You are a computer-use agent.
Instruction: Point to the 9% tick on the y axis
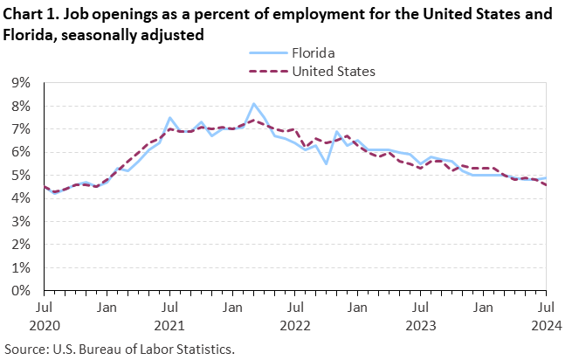click(22, 83)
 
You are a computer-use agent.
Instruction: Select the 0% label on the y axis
click(22, 291)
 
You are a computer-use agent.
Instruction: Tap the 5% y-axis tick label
click(22, 176)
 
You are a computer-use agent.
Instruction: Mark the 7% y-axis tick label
click(22, 129)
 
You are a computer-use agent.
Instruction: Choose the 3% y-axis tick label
click(22, 222)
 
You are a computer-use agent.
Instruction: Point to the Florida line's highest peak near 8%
click(253, 104)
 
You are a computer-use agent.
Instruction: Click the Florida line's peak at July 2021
click(169, 118)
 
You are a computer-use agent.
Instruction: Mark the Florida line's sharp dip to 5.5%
click(326, 163)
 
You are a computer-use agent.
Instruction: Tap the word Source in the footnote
click(24, 349)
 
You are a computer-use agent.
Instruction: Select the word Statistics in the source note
click(206, 349)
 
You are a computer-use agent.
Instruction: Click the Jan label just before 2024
click(483, 308)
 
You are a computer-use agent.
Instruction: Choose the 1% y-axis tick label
click(22, 268)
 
